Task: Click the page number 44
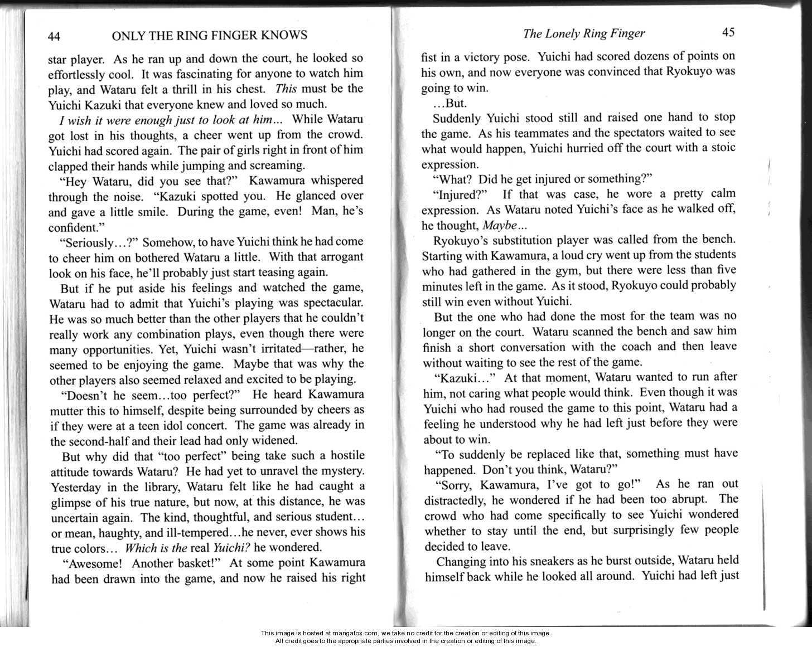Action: pyautogui.click(x=54, y=37)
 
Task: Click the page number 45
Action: pyautogui.click(x=728, y=32)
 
